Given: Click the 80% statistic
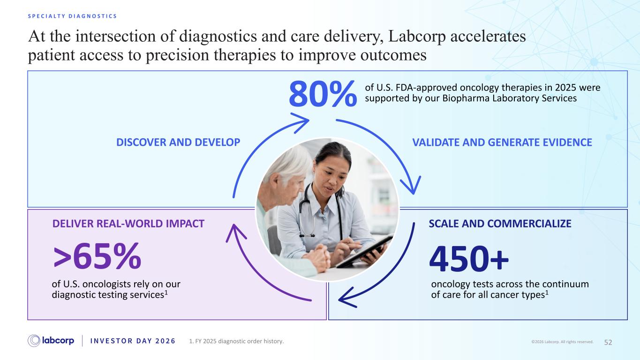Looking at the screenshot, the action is pos(323,94).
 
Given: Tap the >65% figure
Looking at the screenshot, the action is pos(97,256).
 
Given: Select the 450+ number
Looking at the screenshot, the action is pos(469,259).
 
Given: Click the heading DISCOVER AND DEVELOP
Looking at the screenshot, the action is pos(178,142).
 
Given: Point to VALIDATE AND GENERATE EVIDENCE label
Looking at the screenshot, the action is pos(502,142).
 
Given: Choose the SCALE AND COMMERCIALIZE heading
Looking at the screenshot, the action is pos(500,224).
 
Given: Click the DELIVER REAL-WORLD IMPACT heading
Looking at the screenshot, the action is pos(128,224).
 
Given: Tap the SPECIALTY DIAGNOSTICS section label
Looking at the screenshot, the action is pos(72,16).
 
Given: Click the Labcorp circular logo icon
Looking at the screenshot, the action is pos(34,341).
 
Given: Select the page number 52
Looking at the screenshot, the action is pos(608,342).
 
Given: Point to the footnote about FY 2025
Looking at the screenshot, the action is pos(236,341).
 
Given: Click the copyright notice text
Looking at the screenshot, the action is pos(562,342).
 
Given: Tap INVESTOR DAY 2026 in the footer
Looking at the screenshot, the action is pos(133,341).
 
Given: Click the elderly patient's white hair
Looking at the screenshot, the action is pos(288,163).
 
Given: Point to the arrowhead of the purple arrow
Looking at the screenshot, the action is pos(235,232).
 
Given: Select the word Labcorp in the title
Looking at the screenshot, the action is pos(417,36).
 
